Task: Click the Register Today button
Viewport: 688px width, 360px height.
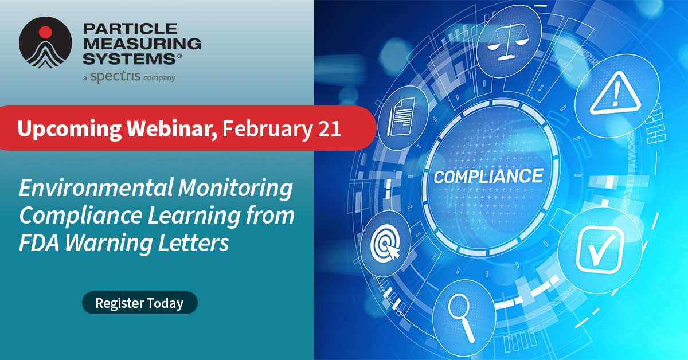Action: [139, 303]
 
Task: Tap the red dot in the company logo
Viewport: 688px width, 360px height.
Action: [45, 32]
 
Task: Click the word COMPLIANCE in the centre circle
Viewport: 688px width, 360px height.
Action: [488, 175]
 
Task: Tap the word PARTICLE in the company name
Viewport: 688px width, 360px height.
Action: [121, 29]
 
